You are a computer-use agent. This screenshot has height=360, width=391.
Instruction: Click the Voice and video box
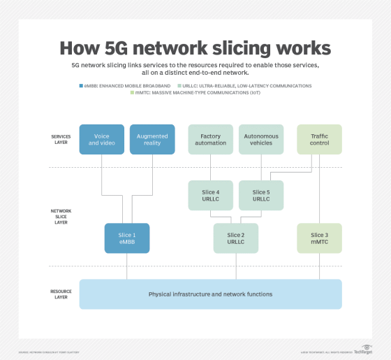coord(101,139)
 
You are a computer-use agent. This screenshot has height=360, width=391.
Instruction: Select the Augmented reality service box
coord(152,139)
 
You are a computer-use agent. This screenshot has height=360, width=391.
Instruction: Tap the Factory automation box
coord(211,139)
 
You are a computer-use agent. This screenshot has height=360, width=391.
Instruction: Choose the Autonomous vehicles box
coord(261,139)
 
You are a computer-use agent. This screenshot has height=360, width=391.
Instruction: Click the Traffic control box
coord(319,139)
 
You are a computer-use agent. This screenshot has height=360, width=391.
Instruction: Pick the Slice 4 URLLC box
coord(211,196)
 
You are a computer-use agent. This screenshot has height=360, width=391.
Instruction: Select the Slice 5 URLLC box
coord(261,196)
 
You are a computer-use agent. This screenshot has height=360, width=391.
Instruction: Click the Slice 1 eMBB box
coord(127,238)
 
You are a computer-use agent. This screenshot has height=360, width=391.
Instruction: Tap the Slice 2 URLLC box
coord(237,238)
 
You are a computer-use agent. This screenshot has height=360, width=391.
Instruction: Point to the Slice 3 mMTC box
coord(319,238)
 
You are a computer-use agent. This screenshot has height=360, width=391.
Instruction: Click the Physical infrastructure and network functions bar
coord(210,294)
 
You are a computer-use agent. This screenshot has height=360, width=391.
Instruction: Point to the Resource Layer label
coord(61,294)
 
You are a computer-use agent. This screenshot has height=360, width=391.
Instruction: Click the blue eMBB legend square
coord(82,85)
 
